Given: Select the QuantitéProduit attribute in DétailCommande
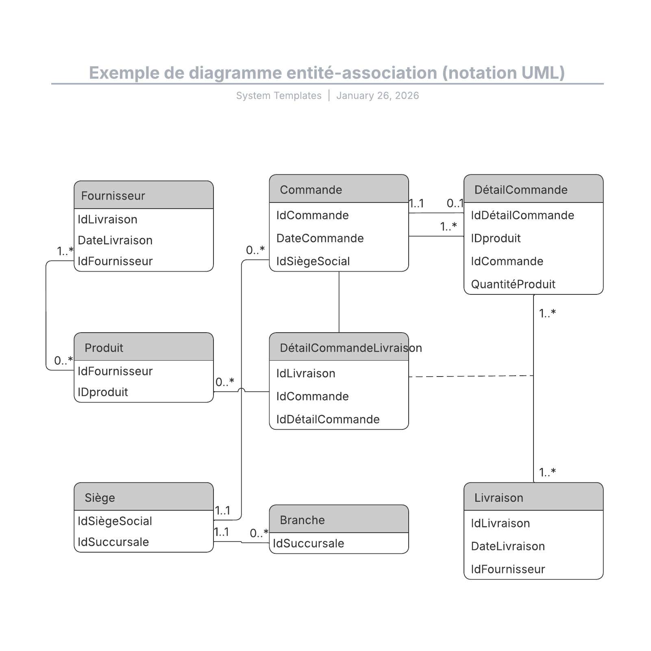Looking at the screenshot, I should [513, 284].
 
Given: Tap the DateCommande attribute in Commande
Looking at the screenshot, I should [320, 238].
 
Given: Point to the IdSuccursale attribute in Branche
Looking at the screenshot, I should [308, 543].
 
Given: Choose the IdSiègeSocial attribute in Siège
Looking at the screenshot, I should [115, 521].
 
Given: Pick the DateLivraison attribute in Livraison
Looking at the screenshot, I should [507, 546].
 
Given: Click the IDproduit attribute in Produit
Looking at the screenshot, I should [103, 392].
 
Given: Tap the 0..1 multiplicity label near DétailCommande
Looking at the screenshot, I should [455, 203].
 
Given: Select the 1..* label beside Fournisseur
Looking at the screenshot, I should [65, 251].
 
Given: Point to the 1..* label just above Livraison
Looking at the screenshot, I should [547, 472].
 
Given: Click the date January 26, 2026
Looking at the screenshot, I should [377, 96].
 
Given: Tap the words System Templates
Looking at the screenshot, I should [279, 96].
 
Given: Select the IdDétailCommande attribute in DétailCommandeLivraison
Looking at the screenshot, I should [328, 419].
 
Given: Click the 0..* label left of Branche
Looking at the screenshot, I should [259, 533].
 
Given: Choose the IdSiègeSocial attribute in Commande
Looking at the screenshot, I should [313, 261].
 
